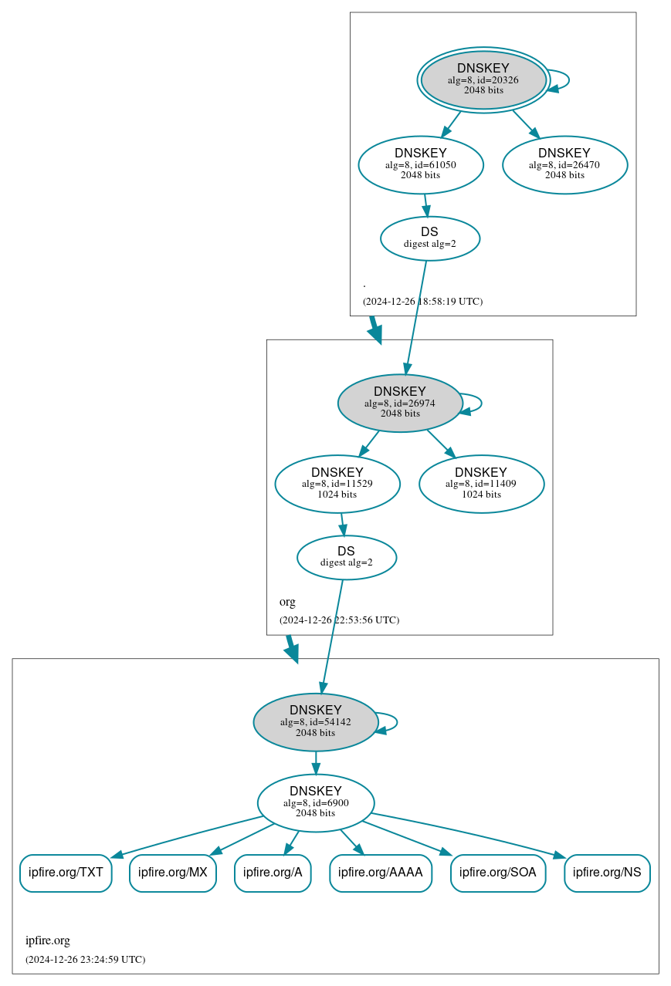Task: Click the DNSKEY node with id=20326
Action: pos(483,79)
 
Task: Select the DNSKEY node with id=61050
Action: pos(421,164)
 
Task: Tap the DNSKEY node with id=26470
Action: pos(564,164)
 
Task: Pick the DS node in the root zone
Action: pos(430,238)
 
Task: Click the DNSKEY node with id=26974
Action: pos(400,403)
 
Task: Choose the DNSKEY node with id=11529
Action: pos(337,484)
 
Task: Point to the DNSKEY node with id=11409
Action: pos(481,484)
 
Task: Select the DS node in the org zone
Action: pos(347,557)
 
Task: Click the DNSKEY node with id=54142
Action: pos(316,722)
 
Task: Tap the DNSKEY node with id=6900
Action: pos(316,803)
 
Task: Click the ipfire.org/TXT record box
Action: pos(66,873)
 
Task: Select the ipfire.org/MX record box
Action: pos(173,873)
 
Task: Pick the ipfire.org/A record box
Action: pos(273,873)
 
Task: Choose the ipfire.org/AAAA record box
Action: pos(381,873)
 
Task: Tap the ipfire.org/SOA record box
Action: pos(498,873)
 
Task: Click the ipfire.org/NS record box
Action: pos(607,873)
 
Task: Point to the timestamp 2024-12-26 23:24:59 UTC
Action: pos(85,960)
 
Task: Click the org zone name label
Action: pos(287,602)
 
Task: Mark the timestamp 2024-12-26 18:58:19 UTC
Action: pos(422,301)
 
